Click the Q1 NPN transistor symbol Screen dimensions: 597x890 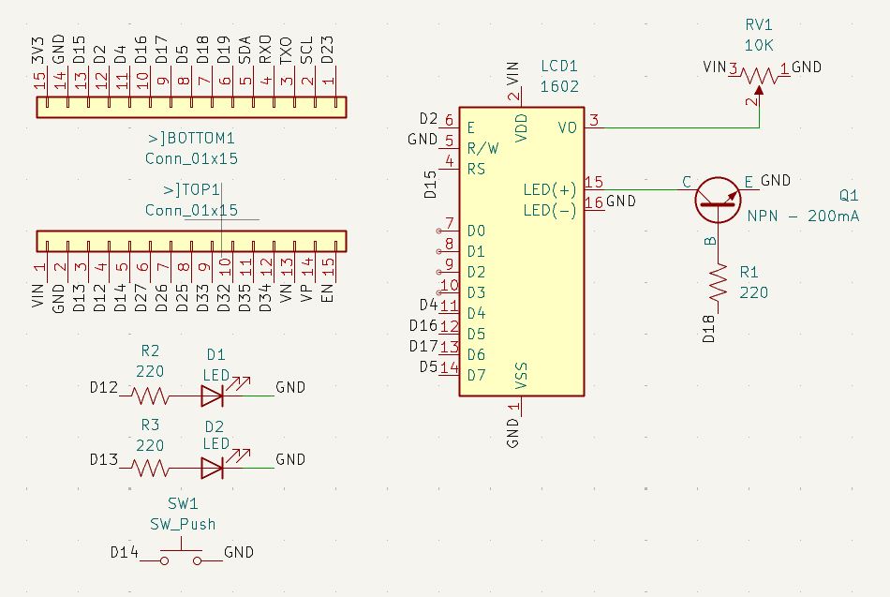click(x=718, y=198)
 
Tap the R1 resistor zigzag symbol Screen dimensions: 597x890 click(x=719, y=282)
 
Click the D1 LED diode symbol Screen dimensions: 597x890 click(x=212, y=396)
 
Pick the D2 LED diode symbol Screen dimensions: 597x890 click(x=212, y=467)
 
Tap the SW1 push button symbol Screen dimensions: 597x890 click(x=181, y=557)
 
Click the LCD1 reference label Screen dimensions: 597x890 click(x=560, y=67)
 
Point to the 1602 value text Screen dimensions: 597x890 click(x=560, y=86)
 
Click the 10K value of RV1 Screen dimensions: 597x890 click(x=759, y=44)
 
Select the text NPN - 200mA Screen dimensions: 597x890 click(x=803, y=216)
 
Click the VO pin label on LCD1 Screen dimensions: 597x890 click(x=567, y=127)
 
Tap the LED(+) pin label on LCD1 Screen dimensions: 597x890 click(x=550, y=189)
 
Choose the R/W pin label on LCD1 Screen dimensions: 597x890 click(x=482, y=148)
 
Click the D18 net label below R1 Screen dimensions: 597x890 click(x=709, y=329)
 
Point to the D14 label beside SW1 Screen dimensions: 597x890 click(x=125, y=552)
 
